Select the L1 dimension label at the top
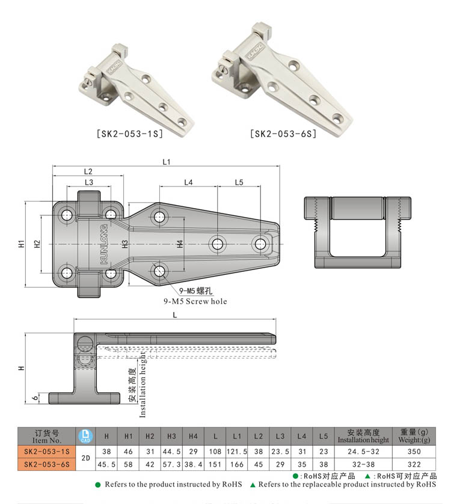tap(167, 161)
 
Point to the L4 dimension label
tap(188, 182)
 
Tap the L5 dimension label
tap(239, 182)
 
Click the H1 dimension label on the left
tap(20, 244)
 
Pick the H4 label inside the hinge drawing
tap(180, 244)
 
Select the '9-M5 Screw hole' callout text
tap(195, 301)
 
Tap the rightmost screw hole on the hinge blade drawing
tap(260, 244)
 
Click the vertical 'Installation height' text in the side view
tap(143, 386)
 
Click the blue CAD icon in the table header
tap(85, 435)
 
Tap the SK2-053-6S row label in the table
tap(47, 464)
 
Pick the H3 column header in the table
tap(171, 435)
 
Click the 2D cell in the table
tap(85, 458)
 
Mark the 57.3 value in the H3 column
tap(171, 464)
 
